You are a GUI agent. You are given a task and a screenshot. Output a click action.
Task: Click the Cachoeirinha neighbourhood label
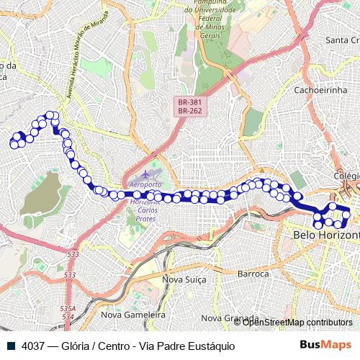click(x=321, y=90)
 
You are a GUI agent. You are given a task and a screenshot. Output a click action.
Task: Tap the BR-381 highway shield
click(x=191, y=103)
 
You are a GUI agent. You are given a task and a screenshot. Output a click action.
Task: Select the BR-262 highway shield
click(x=191, y=112)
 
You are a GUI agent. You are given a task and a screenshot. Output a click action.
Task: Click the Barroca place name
click(x=253, y=274)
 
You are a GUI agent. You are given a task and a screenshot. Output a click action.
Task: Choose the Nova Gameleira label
click(x=133, y=315)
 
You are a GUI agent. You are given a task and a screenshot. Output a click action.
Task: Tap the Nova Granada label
click(x=230, y=318)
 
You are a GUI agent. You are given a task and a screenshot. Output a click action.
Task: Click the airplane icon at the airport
click(x=147, y=174)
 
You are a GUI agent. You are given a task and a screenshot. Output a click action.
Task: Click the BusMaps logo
click(x=325, y=345)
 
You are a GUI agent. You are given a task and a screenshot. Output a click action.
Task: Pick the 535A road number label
click(x=66, y=307)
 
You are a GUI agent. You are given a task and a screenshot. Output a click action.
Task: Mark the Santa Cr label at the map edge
click(x=342, y=40)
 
